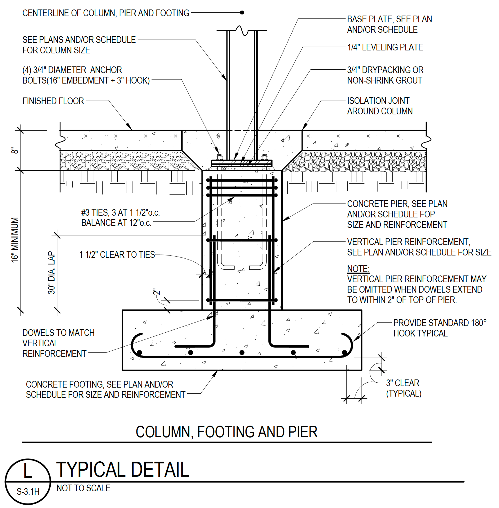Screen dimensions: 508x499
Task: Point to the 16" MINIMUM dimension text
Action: pos(15,240)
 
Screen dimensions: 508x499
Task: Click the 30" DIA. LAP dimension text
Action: pos(52,273)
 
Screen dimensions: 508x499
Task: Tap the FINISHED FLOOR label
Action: pos(53,101)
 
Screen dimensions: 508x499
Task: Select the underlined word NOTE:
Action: pos(358,269)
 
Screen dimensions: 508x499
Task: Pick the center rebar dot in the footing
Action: pos(242,352)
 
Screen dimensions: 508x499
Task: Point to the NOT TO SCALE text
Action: pos(83,488)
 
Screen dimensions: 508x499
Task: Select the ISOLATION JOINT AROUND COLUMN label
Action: pos(380,106)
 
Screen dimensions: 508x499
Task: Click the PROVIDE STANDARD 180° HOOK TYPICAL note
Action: pos(439,328)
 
